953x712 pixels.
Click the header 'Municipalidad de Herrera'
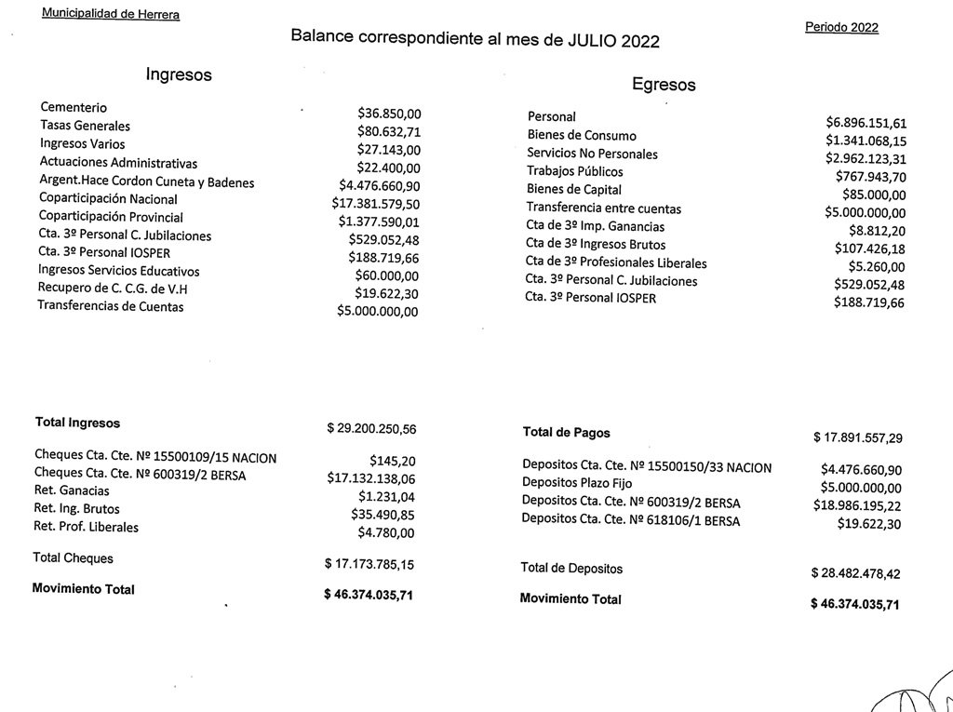[x=111, y=14]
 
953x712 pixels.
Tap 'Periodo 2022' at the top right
[x=841, y=27]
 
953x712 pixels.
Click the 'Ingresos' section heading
[x=179, y=75]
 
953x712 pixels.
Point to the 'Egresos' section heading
[x=664, y=85]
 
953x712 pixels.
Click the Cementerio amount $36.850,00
[x=389, y=114]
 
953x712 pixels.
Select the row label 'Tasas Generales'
[x=85, y=126]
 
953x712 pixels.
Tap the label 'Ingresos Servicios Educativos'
[x=118, y=270]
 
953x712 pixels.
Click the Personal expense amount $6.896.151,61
[x=866, y=123]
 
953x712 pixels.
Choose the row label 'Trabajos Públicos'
[x=574, y=172]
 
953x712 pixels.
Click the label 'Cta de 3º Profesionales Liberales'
[x=615, y=262]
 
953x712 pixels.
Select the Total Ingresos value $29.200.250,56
[x=371, y=429]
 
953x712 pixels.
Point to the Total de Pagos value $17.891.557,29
[x=857, y=437]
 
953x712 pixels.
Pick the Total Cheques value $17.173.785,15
[x=369, y=564]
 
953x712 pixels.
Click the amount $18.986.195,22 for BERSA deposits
[x=857, y=505]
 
